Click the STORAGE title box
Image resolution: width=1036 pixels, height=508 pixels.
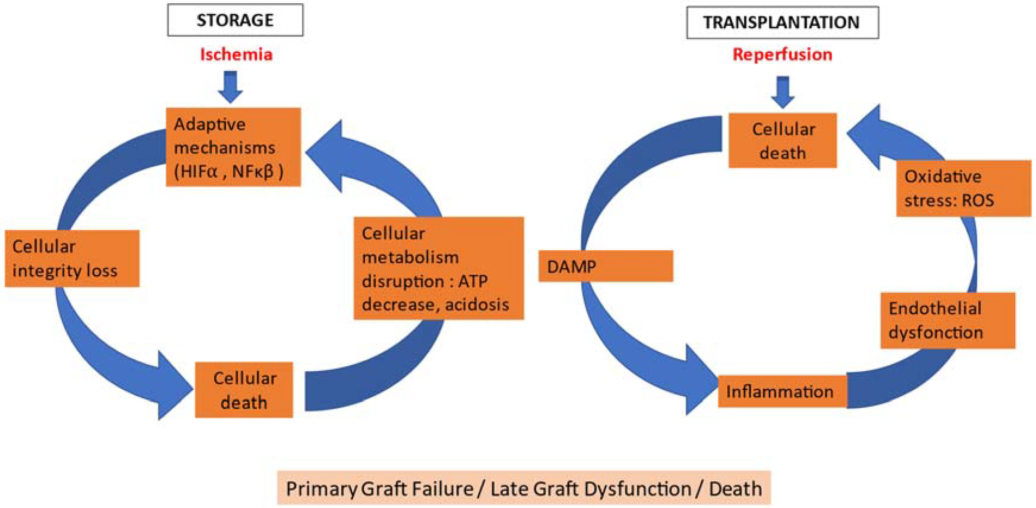[235, 20]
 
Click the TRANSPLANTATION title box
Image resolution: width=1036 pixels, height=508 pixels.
[782, 22]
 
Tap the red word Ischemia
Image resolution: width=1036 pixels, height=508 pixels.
[236, 55]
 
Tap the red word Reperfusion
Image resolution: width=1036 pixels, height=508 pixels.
[782, 55]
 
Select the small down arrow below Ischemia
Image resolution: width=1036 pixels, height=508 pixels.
[230, 87]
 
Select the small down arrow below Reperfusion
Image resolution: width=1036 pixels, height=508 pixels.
[782, 92]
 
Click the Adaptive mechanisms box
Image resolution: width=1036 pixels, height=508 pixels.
[233, 147]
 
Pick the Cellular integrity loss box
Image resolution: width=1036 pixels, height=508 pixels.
[72, 258]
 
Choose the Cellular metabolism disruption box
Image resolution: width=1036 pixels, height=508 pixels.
[438, 268]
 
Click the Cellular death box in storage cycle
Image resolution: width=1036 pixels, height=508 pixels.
[244, 390]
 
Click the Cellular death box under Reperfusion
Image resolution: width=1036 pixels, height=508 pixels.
[782, 141]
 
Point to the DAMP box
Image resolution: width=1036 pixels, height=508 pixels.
[605, 266]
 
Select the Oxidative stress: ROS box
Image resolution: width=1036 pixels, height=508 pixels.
[963, 188]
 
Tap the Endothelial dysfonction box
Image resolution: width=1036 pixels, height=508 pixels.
[947, 320]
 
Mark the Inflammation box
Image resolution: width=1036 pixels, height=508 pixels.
[781, 391]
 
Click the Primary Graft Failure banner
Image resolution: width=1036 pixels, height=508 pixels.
[523, 488]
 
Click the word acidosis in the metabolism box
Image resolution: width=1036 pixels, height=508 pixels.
[477, 304]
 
